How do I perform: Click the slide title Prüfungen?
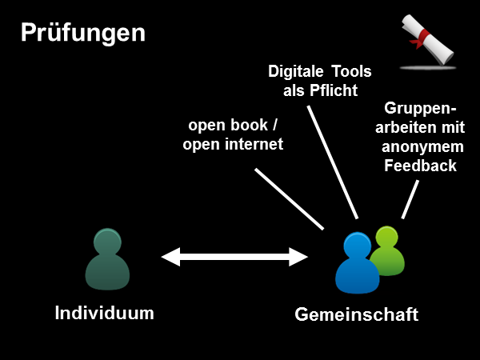pyautogui.click(x=83, y=33)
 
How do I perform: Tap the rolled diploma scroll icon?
pyautogui.click(x=426, y=41)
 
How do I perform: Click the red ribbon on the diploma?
pyautogui.click(x=419, y=37)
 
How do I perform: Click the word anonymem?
pyautogui.click(x=419, y=146)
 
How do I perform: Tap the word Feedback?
pyautogui.click(x=420, y=166)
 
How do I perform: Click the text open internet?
pyautogui.click(x=233, y=145)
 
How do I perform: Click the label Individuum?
pyautogui.click(x=104, y=312)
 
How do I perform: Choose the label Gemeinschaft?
pyautogui.click(x=356, y=314)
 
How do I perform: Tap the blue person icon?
pyautogui.click(x=356, y=264)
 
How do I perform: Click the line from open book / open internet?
pyautogui.click(x=289, y=199)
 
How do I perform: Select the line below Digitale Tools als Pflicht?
pyautogui.click(x=332, y=161)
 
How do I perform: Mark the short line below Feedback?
pyautogui.click(x=410, y=199)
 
